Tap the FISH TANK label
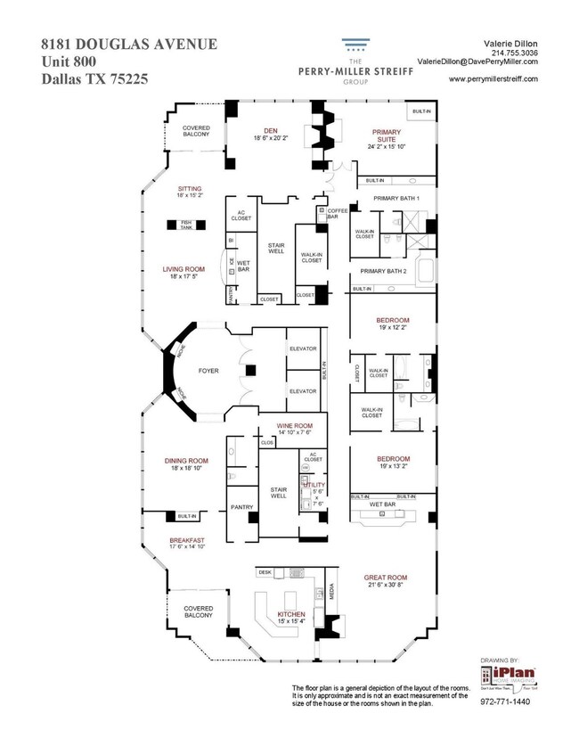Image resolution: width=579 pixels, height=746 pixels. [x=186, y=226]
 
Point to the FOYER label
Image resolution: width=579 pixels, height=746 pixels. [x=208, y=370]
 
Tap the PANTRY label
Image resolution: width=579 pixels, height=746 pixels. [x=242, y=507]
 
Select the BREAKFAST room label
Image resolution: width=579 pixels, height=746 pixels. [x=188, y=540]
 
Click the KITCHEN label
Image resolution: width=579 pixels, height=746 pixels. [x=291, y=614]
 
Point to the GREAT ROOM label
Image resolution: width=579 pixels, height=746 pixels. [x=386, y=577]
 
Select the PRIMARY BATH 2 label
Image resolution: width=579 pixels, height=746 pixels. [x=383, y=271]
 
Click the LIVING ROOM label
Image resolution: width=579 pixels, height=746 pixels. [x=183, y=268]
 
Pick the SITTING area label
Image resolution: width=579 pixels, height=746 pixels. [x=189, y=189]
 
